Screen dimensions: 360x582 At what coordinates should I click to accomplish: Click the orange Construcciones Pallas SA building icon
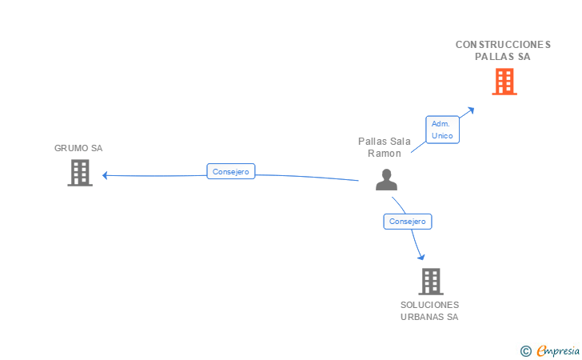click(x=504, y=82)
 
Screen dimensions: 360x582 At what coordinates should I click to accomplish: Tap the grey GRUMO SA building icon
click(x=79, y=173)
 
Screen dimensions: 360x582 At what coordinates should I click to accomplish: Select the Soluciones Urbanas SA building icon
click(x=430, y=282)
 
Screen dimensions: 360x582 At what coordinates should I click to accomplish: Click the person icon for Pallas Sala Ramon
click(x=386, y=180)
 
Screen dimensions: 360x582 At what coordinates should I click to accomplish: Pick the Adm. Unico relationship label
click(x=442, y=130)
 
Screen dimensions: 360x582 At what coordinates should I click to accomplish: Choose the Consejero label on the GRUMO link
click(x=230, y=171)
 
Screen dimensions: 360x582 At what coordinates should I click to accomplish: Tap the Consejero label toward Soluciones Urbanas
click(x=408, y=222)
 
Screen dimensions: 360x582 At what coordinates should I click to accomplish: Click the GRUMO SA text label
click(x=78, y=148)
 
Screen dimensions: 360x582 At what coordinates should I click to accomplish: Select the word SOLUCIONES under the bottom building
click(x=430, y=305)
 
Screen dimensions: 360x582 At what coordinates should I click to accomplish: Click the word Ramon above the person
click(x=385, y=154)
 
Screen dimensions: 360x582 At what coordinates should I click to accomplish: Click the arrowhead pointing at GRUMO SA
click(x=105, y=175)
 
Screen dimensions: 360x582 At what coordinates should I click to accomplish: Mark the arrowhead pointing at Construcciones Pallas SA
click(x=471, y=110)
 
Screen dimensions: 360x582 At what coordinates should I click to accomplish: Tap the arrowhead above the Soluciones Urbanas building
click(x=421, y=257)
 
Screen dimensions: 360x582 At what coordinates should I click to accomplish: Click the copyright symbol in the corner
click(x=525, y=350)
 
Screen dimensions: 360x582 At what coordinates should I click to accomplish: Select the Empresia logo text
click(x=558, y=350)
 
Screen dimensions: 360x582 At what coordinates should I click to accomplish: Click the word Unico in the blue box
click(x=442, y=136)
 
